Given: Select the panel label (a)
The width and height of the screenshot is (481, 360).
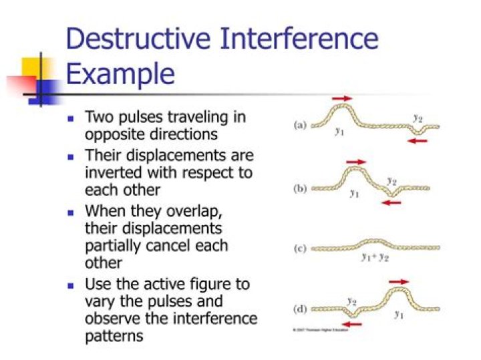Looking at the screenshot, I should [300, 125].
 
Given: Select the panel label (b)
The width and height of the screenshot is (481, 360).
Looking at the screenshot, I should [300, 189].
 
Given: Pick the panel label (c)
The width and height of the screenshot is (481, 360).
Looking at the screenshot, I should [300, 249].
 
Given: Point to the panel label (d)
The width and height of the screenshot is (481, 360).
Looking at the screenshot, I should [300, 310].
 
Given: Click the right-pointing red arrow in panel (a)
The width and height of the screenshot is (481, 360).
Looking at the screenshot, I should [341, 99].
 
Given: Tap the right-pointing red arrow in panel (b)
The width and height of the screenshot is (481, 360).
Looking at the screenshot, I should [357, 162].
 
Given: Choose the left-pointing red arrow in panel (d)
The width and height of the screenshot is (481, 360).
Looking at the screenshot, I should [351, 325].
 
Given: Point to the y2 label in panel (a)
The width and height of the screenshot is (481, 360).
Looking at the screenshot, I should [418, 118].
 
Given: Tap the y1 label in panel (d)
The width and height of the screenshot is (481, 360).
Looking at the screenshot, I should [399, 314].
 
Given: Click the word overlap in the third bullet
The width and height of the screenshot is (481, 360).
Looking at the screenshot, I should [215, 213].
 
